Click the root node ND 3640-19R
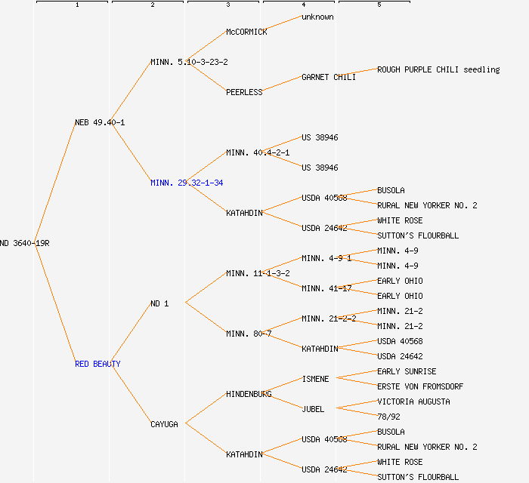tap(24, 243)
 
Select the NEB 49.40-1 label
tap(100, 122)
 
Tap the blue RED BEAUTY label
tap(97, 364)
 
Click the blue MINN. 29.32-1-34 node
tap(187, 183)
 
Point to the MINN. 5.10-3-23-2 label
tap(189, 62)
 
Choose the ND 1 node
tap(159, 303)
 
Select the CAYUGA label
tap(164, 424)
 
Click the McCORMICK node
tap(246, 32)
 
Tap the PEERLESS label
tap(244, 92)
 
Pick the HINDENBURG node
tap(249, 394)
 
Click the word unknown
tap(317, 17)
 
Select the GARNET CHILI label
tap(329, 77)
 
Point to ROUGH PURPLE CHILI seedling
tap(438, 69)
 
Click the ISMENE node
tap(315, 379)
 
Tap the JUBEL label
tap(313, 409)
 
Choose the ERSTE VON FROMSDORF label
tap(420, 386)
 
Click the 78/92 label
tap(388, 417)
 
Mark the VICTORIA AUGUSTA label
tap(413, 401)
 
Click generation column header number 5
tap(379, 5)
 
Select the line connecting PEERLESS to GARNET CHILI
tap(282, 84)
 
